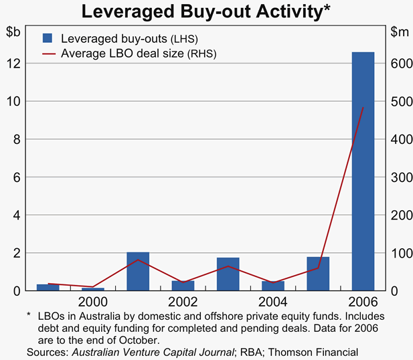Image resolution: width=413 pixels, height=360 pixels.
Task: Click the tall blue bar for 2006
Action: click(363, 171)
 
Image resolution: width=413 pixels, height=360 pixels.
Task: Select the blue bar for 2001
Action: click(138, 272)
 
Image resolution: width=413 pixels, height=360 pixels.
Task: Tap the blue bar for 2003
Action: click(228, 274)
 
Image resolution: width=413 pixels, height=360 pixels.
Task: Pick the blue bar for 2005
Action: click(318, 274)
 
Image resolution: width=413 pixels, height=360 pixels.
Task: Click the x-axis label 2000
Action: click(93, 302)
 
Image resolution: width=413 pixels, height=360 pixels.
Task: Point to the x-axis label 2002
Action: click(183, 302)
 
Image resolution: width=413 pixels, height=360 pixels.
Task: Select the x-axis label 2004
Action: click(272, 302)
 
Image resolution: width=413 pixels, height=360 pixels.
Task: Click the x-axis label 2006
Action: click(363, 302)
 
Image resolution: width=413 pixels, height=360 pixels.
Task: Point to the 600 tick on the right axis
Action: click(401, 64)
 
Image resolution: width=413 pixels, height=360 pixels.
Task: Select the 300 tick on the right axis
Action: click(401, 177)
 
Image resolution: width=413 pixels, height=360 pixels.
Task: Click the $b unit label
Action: click(13, 31)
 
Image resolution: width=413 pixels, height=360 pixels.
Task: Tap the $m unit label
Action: click(400, 31)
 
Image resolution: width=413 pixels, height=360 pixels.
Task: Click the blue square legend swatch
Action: click(48, 38)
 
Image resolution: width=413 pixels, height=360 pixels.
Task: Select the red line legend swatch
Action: click(48, 52)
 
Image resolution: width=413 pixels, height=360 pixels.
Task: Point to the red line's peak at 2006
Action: click(363, 107)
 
